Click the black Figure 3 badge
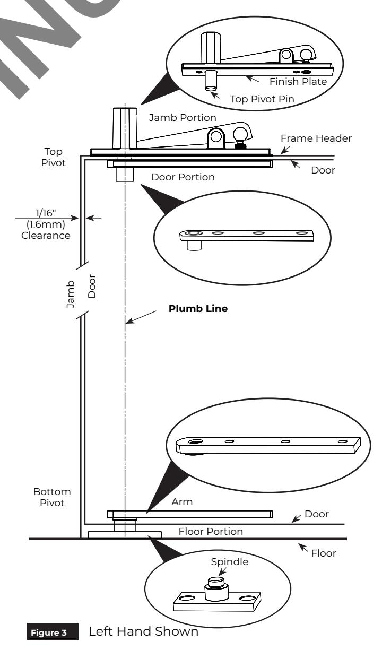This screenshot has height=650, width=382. point(53,631)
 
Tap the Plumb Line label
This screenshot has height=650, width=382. point(198,308)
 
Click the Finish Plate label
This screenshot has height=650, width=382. point(298,82)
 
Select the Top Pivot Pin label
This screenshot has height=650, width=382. point(262,99)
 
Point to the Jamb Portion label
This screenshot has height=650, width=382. point(183,117)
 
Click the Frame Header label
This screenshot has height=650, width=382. point(316,138)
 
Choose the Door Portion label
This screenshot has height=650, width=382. point(183,177)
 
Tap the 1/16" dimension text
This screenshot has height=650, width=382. point(46,213)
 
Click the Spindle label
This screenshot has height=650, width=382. point(230,562)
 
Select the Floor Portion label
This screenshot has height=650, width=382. point(211,532)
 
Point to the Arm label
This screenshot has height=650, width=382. point(182,502)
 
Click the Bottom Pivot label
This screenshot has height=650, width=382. point(52,497)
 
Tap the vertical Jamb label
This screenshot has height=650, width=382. point(70,294)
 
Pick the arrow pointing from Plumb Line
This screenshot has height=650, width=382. point(141,317)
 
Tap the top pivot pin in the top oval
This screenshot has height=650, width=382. point(210,81)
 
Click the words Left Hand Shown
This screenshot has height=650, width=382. point(144,631)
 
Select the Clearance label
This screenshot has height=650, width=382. point(46,236)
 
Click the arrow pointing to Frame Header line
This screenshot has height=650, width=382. point(285,150)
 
